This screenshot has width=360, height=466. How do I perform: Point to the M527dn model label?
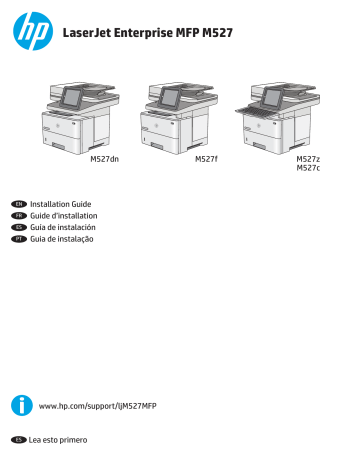104,159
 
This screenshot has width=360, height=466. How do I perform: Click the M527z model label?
308,159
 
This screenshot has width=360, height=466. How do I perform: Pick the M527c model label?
308,169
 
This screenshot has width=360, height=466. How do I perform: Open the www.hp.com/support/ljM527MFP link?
97,406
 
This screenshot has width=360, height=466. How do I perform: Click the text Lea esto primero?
59,439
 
